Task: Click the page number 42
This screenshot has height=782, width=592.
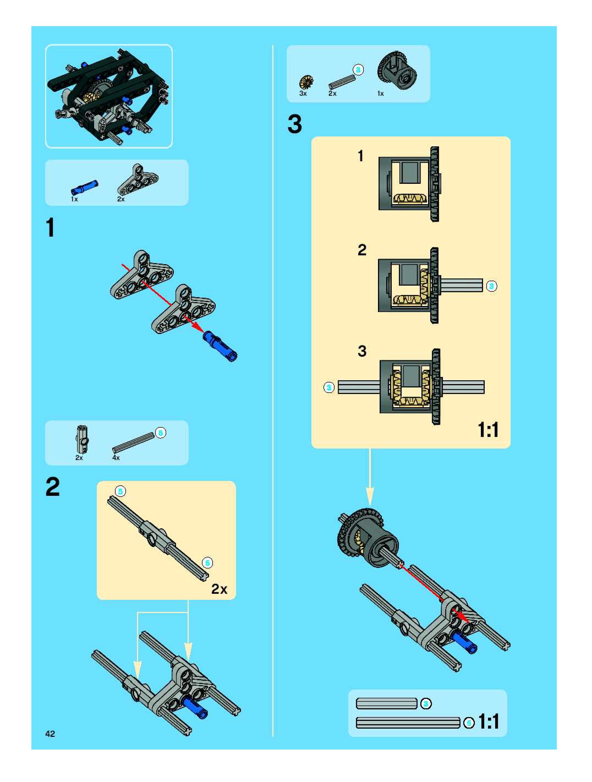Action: (50, 734)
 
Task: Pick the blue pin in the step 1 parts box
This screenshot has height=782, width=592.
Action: (84, 187)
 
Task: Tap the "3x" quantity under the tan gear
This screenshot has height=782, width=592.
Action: (303, 93)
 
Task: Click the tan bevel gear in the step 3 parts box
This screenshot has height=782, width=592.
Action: (306, 82)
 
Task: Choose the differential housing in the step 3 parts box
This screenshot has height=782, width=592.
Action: (397, 70)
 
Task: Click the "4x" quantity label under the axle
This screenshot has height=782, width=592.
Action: (116, 458)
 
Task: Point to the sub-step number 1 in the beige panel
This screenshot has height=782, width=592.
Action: (360, 156)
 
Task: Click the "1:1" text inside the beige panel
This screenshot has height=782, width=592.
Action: (488, 430)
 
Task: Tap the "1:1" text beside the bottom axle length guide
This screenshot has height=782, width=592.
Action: (489, 721)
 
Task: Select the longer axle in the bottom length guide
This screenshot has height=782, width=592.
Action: (408, 723)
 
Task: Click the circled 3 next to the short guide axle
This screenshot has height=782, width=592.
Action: (426, 704)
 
